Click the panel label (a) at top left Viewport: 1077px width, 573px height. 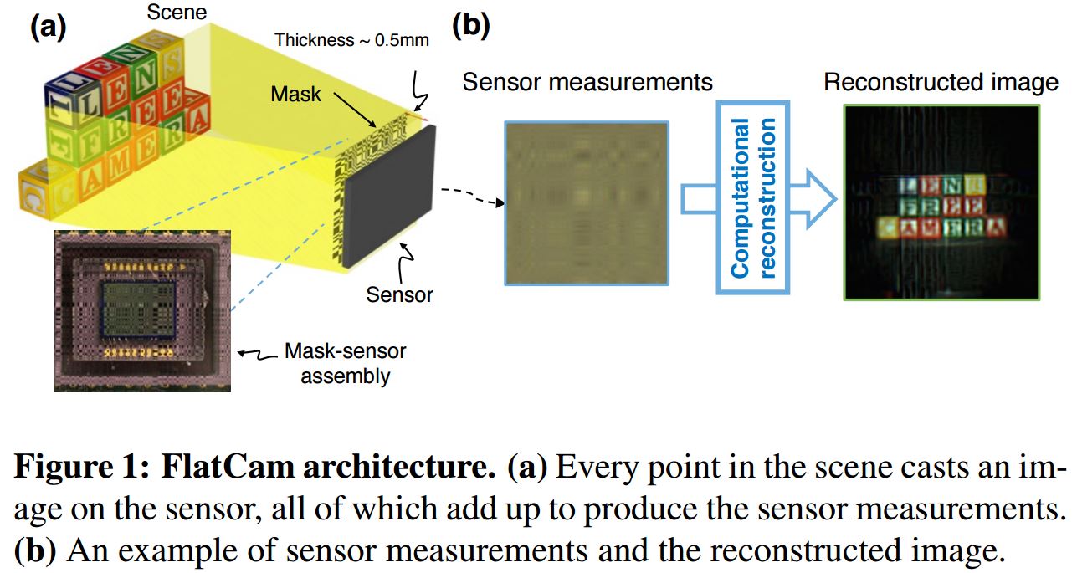coord(48,27)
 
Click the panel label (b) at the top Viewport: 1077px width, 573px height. coord(470,27)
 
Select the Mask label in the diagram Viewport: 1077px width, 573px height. coord(295,94)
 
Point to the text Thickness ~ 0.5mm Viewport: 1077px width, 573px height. coord(351,40)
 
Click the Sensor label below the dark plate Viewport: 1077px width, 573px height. coord(400,294)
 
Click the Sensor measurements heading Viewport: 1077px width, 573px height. coord(587,82)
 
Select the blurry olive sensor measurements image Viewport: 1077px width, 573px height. coord(586,203)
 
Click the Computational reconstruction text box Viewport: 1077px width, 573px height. coord(752,198)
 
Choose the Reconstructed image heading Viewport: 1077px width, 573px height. coord(941,82)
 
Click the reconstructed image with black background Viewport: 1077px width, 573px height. coord(941,202)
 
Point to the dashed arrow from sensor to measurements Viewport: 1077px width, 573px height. coord(469,197)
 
